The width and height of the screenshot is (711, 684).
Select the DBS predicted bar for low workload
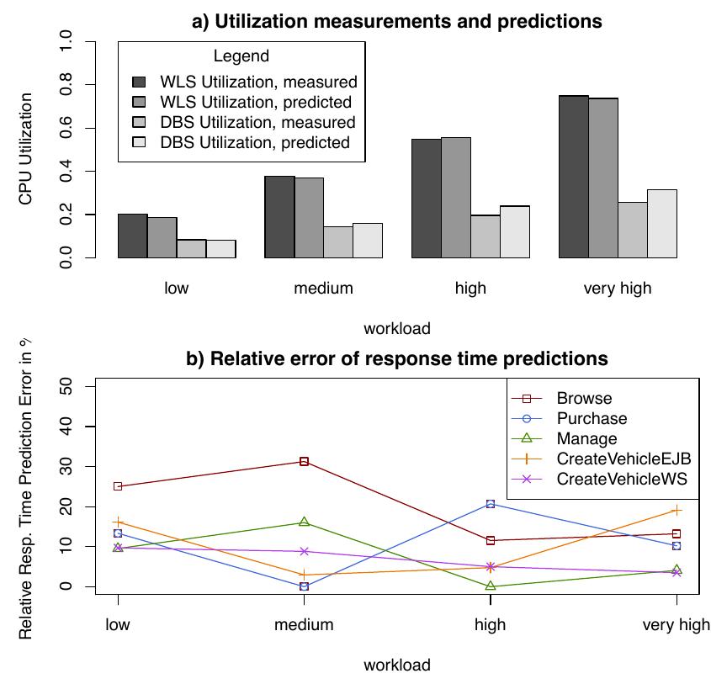220,248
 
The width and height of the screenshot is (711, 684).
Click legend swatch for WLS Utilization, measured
140,82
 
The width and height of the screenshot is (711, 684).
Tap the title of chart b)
396,359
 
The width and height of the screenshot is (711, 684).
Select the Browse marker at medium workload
304,462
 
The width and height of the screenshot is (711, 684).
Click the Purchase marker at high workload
491,504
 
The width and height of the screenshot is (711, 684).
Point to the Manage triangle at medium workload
304,522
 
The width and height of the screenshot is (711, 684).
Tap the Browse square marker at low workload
118,486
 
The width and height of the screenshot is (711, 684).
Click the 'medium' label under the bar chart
324,289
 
